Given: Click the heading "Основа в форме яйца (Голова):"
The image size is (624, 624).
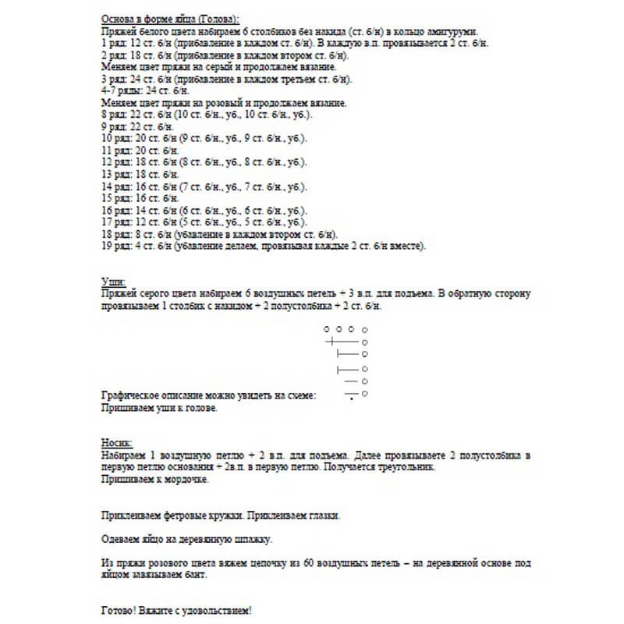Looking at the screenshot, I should click(170, 18).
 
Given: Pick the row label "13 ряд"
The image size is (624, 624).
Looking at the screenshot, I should click(116, 174).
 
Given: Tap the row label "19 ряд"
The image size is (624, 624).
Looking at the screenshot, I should click(116, 246).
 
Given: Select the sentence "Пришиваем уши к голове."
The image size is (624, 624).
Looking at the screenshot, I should click(159, 407).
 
